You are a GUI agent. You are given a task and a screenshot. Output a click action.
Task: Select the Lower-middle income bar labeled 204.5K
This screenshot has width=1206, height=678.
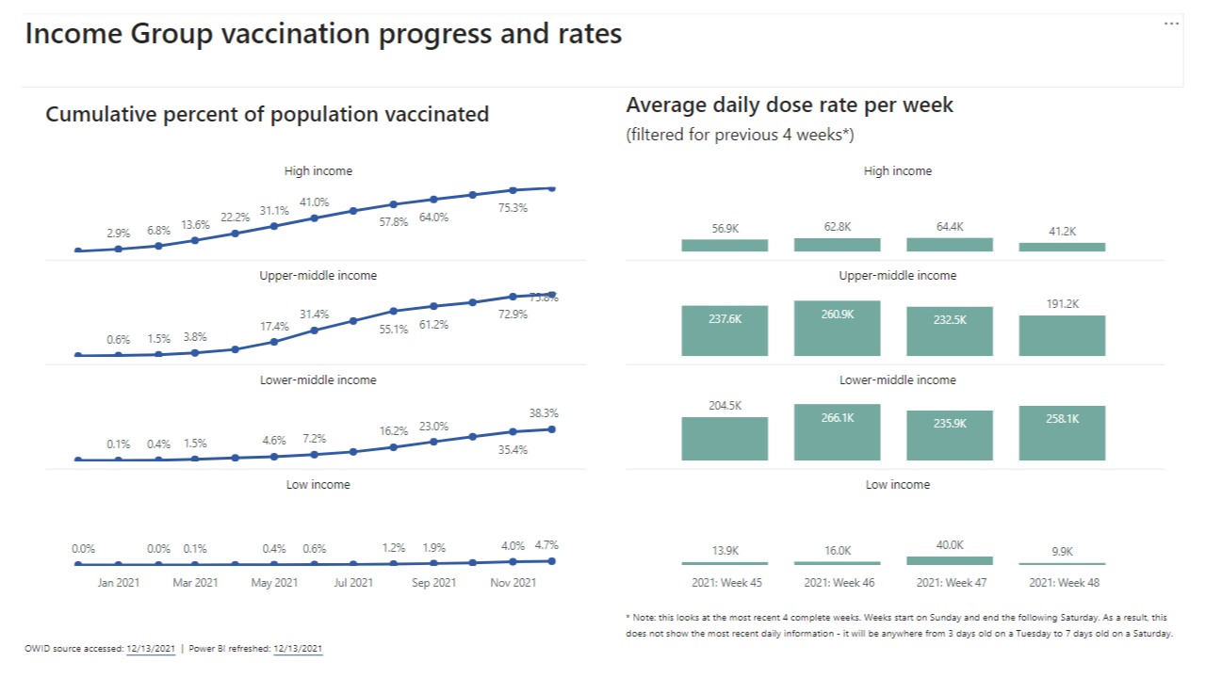point(725,439)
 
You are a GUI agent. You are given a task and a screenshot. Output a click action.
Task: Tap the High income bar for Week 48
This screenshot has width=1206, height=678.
point(1062,248)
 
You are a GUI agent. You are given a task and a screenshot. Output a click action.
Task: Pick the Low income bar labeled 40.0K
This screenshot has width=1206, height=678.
point(950,560)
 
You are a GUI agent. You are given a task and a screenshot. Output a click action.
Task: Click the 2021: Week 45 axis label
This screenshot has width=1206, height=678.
point(725,583)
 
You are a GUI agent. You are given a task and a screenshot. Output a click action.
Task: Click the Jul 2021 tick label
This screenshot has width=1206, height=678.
point(352,583)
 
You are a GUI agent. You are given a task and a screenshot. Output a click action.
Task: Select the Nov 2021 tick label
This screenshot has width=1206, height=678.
point(513,583)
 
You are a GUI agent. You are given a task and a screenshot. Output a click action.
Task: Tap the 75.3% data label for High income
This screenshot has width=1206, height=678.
point(513,208)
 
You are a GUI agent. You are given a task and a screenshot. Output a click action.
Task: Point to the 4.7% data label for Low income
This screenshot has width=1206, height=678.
point(546,544)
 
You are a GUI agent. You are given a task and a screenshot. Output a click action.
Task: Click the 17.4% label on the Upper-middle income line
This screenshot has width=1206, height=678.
point(274,326)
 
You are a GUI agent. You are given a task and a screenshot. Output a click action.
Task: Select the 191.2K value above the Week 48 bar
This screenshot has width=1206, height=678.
point(1062,304)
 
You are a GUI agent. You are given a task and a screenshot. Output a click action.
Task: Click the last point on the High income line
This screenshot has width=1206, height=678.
point(551,188)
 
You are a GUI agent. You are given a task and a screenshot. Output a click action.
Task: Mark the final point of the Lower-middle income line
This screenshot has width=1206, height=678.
point(551,429)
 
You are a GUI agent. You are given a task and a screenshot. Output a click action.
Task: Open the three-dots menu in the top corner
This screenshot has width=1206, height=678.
point(1171,24)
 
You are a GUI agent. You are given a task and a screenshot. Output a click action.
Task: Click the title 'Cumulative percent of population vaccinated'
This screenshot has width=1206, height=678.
point(268,115)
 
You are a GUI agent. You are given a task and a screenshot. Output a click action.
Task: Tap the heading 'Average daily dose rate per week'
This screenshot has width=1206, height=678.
point(790,105)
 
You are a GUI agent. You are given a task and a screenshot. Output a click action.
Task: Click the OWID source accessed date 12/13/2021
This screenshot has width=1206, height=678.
point(151,649)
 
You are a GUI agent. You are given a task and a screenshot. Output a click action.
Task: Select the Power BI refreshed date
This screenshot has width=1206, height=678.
point(298,649)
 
